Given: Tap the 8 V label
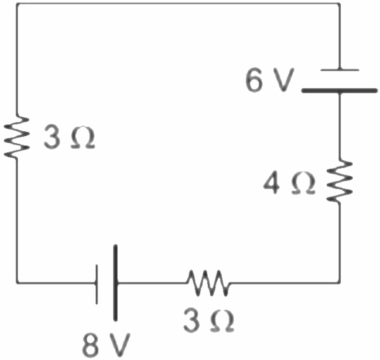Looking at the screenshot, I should click(x=106, y=344).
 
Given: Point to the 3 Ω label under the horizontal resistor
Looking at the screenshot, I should click(x=209, y=321).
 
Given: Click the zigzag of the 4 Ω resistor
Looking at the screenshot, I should click(x=340, y=181).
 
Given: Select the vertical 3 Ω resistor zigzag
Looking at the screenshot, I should click(x=16, y=137).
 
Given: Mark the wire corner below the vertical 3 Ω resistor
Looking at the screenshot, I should click(x=16, y=281).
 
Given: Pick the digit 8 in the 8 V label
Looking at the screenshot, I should click(x=92, y=344).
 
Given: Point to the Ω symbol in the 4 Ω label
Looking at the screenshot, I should click(x=302, y=184).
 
